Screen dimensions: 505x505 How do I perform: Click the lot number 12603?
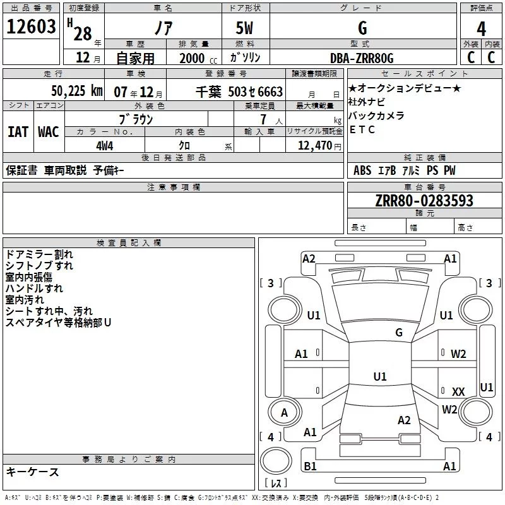32,27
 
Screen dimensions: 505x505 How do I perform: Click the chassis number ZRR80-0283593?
424,201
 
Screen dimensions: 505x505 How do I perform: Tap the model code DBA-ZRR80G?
362,58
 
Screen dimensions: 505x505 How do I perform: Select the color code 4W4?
105,146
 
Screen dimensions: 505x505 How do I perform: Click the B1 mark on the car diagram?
310,466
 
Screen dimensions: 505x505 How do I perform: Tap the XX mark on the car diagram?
458,391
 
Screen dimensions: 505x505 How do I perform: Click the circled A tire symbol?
284,412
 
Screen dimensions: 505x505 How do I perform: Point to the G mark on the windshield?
398,332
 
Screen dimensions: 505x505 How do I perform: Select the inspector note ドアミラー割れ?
39,254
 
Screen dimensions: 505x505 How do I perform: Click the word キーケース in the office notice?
32,472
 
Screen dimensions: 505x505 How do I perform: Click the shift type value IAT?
18,132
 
